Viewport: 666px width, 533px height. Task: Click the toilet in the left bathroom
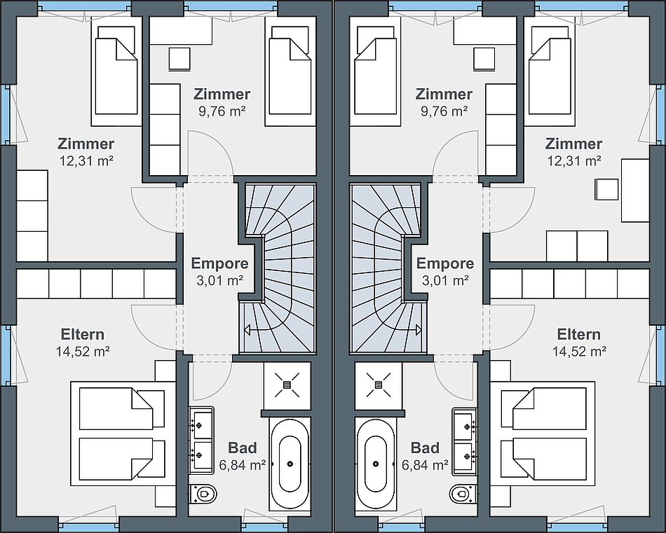203,494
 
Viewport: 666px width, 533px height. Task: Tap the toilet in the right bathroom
463,494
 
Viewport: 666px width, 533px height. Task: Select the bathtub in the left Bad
290,464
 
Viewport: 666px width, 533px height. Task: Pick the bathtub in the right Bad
376,464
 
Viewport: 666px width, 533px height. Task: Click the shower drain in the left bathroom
287,385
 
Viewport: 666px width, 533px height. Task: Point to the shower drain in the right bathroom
379,385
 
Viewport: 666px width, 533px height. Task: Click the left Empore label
219,263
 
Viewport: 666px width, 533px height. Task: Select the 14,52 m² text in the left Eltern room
83,352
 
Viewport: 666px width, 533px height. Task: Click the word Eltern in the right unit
578,334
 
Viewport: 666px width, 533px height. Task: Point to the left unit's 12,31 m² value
86,161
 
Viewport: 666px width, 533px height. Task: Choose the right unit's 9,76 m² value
444,111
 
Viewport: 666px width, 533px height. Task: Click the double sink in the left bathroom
201,441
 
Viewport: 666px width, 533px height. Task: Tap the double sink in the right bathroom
465,441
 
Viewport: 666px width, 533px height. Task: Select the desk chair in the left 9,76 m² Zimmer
179,59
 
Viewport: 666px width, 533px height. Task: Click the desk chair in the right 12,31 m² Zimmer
606,189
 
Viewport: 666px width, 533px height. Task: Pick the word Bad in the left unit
243,448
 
